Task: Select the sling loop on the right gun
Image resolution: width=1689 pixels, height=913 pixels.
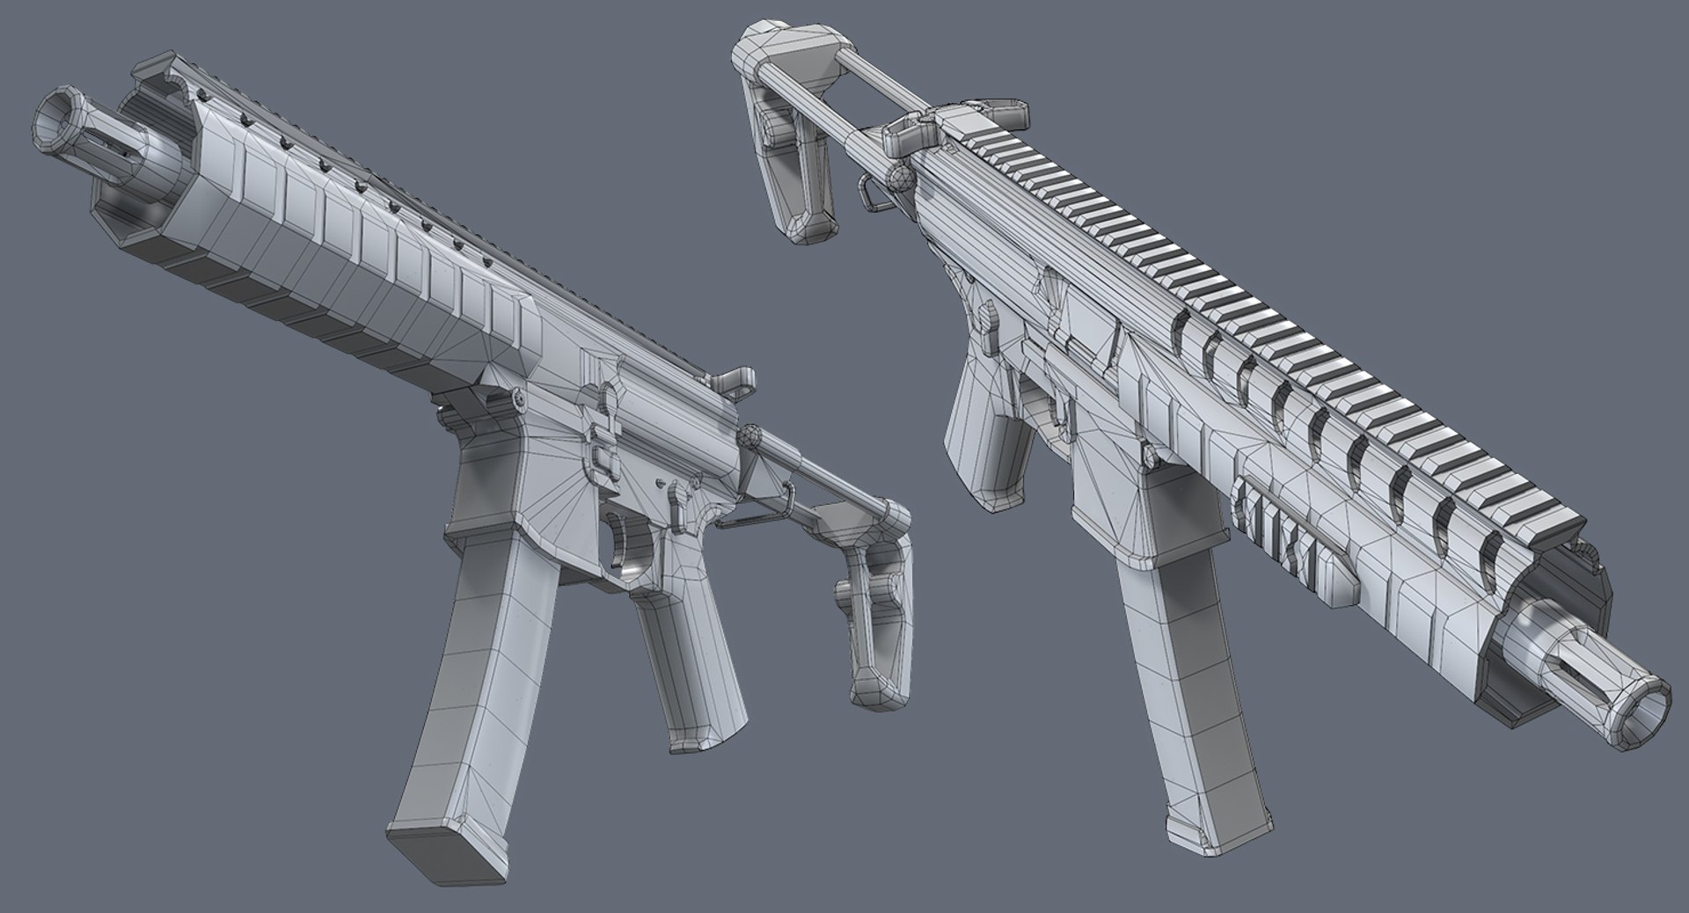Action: point(871,194)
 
